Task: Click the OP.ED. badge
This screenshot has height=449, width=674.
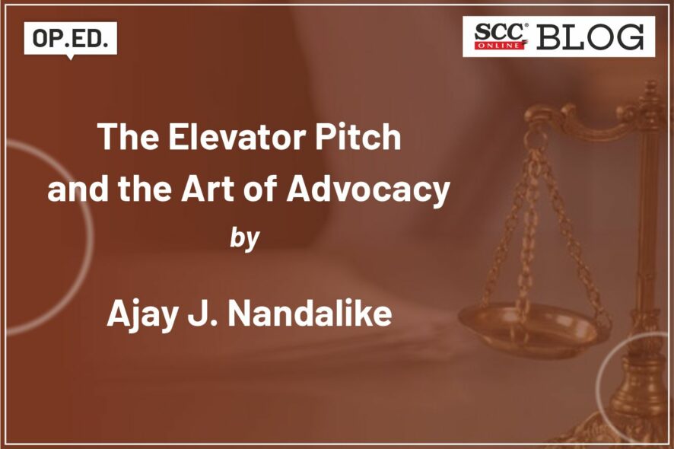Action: [x=71, y=39]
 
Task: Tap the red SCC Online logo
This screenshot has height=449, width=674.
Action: [x=501, y=36]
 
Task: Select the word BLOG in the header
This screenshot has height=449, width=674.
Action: [x=590, y=37]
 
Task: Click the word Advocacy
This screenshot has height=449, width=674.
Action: [x=368, y=189]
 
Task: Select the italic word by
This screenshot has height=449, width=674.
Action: [x=245, y=239]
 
